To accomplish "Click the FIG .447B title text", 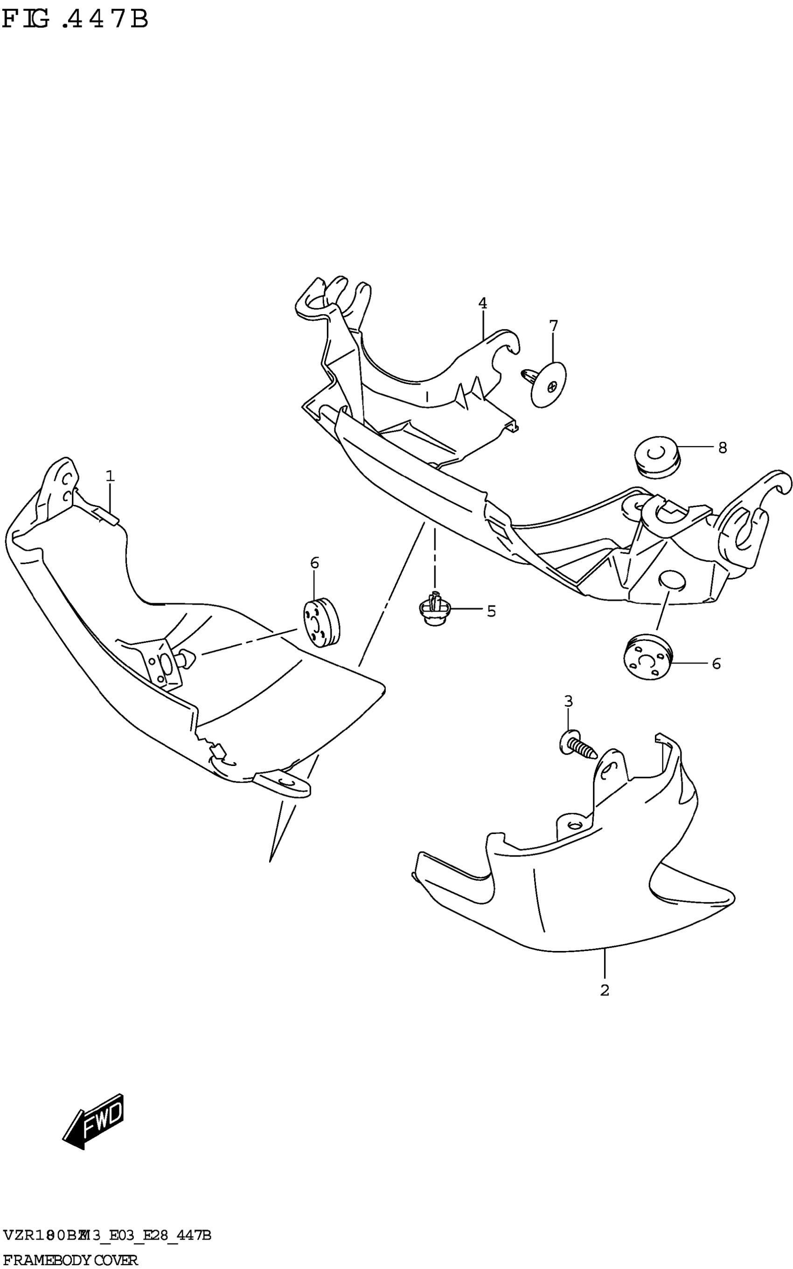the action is (x=75, y=20).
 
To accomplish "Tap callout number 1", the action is (x=110, y=476).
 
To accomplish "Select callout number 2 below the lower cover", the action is (x=605, y=990).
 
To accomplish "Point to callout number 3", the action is (x=569, y=701).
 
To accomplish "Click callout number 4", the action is (x=482, y=303).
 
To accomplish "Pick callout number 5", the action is (x=491, y=611).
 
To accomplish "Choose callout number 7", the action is (x=554, y=325).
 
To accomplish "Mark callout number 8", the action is (x=722, y=448).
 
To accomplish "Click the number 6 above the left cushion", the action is (x=314, y=563).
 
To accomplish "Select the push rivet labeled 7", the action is (x=547, y=384).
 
